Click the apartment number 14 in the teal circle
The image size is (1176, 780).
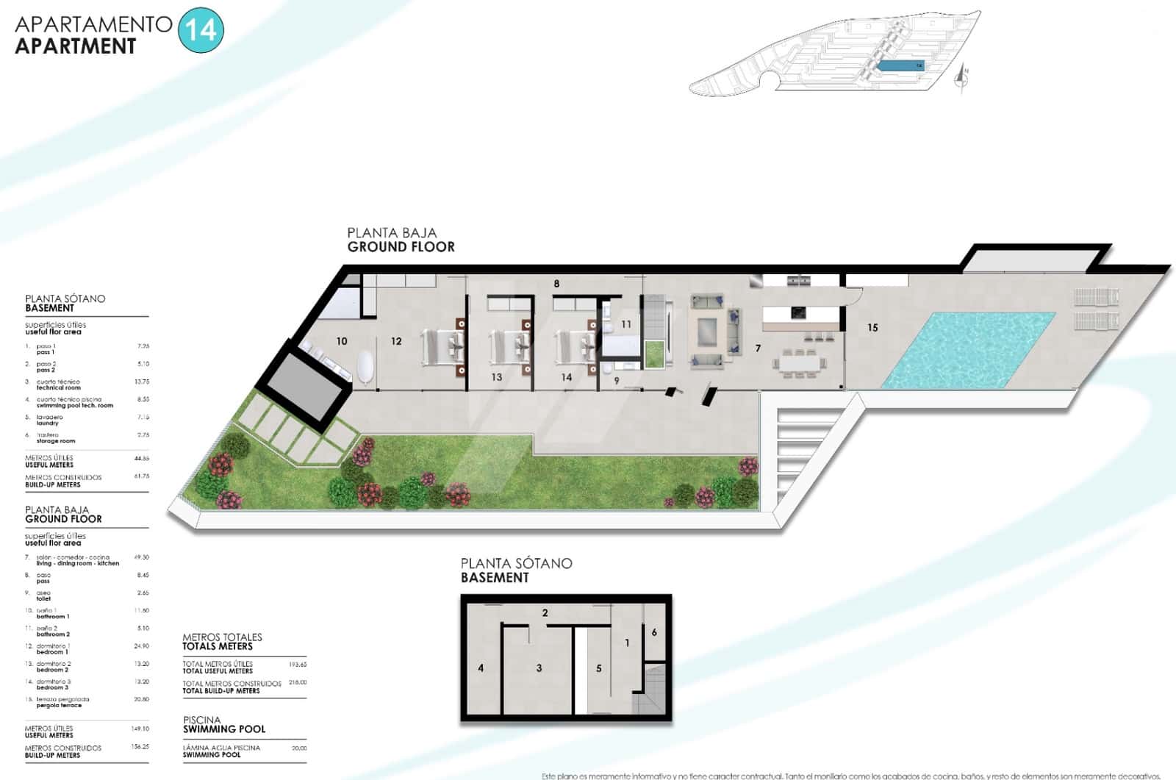click(x=201, y=31)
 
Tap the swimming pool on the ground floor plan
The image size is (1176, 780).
click(x=969, y=350)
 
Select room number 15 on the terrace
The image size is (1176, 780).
click(x=872, y=328)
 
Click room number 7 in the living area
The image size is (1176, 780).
click(x=758, y=348)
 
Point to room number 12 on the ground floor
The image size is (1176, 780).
click(x=396, y=341)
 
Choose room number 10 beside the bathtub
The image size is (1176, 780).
click(x=342, y=341)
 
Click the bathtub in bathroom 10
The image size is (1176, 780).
click(x=365, y=367)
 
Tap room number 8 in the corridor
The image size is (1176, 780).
click(x=556, y=284)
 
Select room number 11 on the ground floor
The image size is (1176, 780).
click(x=626, y=324)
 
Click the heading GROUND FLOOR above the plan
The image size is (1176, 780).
click(x=401, y=247)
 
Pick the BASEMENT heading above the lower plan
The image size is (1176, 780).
click(x=495, y=578)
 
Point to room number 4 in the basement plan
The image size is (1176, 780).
click(x=481, y=668)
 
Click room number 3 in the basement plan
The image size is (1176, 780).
click(x=539, y=668)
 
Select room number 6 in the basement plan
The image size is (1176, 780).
click(x=654, y=632)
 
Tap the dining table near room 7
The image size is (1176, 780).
click(x=797, y=362)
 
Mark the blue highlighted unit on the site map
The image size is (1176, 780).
click(x=900, y=65)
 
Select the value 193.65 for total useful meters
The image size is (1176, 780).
click(x=298, y=665)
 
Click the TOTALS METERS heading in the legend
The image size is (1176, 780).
click(x=218, y=646)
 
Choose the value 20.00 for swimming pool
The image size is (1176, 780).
click(x=299, y=748)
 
